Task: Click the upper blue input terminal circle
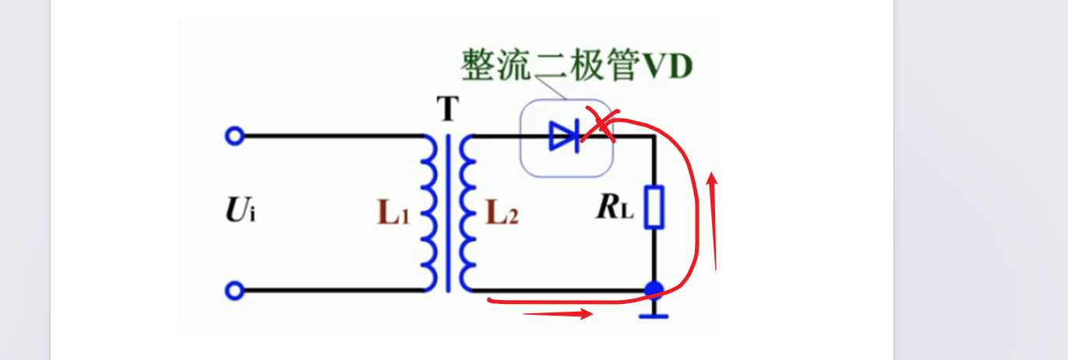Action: pos(234,136)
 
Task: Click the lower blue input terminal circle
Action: pos(234,291)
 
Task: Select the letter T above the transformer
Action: pos(447,111)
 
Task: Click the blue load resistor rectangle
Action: pos(654,207)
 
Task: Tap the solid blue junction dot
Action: pos(654,291)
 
